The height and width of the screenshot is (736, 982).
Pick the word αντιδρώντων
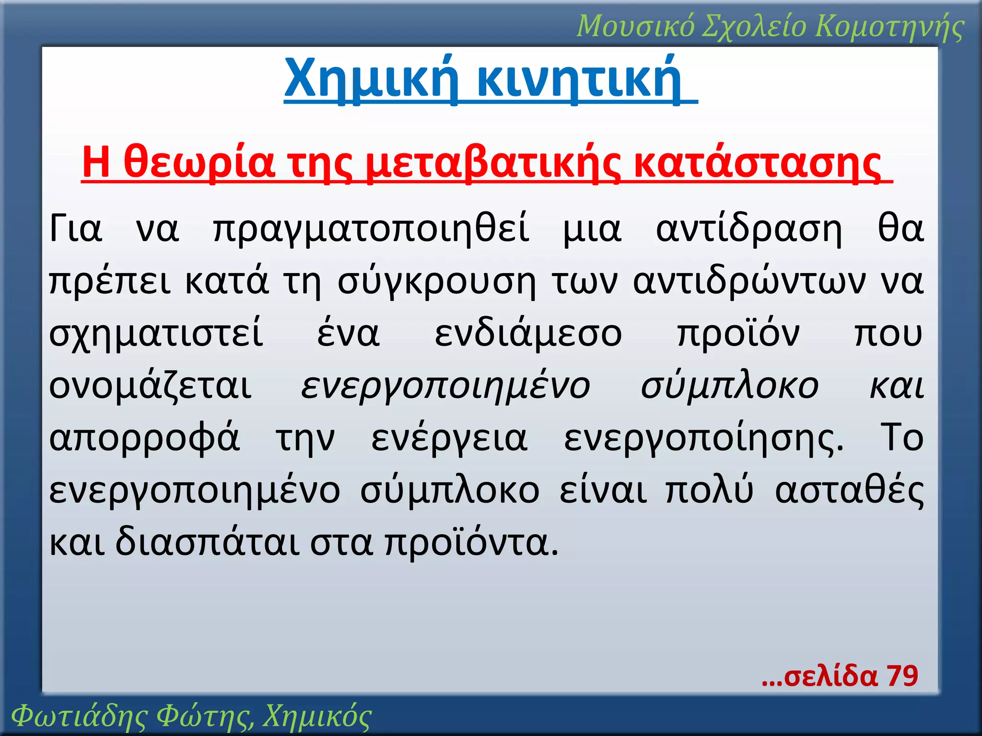point(749,282)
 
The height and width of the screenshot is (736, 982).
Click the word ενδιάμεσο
point(528,334)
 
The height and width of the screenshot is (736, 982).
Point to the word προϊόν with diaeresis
point(738,334)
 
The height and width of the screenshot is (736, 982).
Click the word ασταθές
point(849,491)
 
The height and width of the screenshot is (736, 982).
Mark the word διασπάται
point(207,543)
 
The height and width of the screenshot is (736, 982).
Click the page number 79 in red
point(901,676)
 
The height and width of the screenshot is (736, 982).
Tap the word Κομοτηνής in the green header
point(889,26)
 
